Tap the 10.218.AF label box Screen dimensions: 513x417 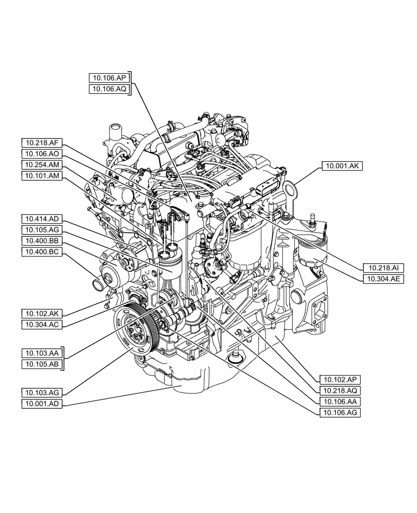point(42,143)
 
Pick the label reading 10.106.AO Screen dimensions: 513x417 point(42,154)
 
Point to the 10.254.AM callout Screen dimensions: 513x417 point(42,165)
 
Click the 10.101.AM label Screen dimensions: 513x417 point(42,176)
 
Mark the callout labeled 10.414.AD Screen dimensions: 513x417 point(42,219)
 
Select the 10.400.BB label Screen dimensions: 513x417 point(42,240)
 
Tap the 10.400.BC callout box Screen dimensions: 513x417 point(42,251)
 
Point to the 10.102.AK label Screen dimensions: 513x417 point(42,312)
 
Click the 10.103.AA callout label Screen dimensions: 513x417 point(42,353)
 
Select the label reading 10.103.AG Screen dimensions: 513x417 point(42,392)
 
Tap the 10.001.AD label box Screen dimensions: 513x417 point(42,404)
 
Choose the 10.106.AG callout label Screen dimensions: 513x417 point(340,412)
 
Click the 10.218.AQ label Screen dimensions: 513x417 point(340,390)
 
